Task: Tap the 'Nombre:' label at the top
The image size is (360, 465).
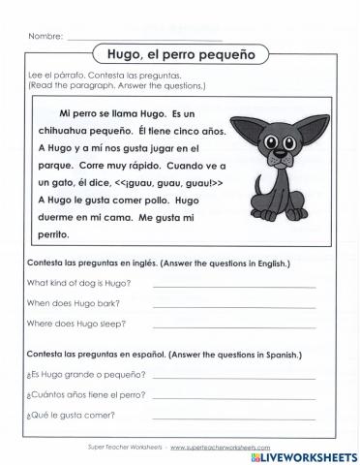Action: [45, 36]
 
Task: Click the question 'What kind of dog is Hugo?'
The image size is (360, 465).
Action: [79, 283]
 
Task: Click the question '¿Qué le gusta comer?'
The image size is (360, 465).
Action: [72, 416]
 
